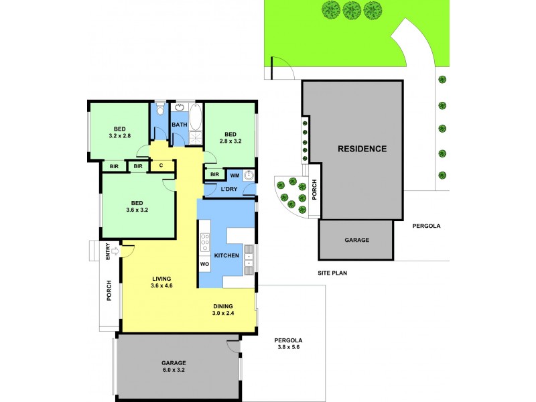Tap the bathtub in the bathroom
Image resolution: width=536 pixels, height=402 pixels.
tap(195, 117)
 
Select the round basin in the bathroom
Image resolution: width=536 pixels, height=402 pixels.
tap(180, 107)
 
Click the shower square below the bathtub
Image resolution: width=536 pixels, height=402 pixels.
tap(195, 139)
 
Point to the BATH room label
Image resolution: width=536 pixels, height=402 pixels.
tap(180, 125)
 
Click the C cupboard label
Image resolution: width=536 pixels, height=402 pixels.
tap(161, 165)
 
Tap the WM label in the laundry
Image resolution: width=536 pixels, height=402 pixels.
tap(234, 175)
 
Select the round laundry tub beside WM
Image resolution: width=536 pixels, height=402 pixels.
tap(249, 176)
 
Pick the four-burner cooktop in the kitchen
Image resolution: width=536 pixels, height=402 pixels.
tap(205, 241)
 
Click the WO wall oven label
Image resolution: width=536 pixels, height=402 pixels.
tap(205, 265)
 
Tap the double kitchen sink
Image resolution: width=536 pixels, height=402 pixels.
tap(249, 259)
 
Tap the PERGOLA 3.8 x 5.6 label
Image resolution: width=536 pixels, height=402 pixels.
tap(289, 344)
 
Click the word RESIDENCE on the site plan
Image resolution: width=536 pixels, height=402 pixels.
tap(362, 149)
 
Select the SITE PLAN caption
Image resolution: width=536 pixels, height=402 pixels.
tap(332, 273)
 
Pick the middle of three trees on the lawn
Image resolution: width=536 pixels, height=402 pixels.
tap(352, 9)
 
